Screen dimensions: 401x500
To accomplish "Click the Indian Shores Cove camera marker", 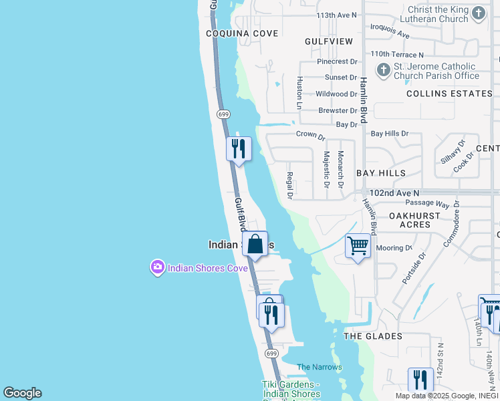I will point(158,268).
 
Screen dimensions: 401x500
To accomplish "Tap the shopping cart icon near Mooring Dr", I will point(358,246).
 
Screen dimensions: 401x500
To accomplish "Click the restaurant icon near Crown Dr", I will point(239,148).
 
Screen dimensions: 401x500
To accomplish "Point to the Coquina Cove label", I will point(233,33).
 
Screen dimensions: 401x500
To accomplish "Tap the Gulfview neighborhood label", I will point(328,41).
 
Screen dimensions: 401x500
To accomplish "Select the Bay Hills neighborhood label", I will point(381,173).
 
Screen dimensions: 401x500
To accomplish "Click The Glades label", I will point(373,336).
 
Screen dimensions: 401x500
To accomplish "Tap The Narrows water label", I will point(320,367).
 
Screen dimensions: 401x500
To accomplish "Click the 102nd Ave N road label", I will point(394,192).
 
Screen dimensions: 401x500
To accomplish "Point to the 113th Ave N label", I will point(337,15).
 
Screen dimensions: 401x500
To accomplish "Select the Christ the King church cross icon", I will point(478,13).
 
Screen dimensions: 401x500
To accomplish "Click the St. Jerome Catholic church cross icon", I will point(383,70).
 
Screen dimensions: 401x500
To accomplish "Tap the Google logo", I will point(22,393).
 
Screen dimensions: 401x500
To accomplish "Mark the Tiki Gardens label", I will point(291,389).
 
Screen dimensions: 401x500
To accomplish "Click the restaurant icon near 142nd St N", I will point(420,380).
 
